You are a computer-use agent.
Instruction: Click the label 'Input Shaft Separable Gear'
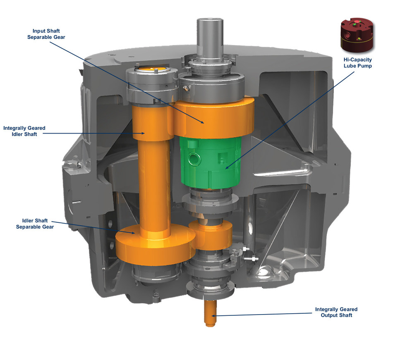(49, 34)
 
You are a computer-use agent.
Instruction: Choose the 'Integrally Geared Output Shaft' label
(336, 312)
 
